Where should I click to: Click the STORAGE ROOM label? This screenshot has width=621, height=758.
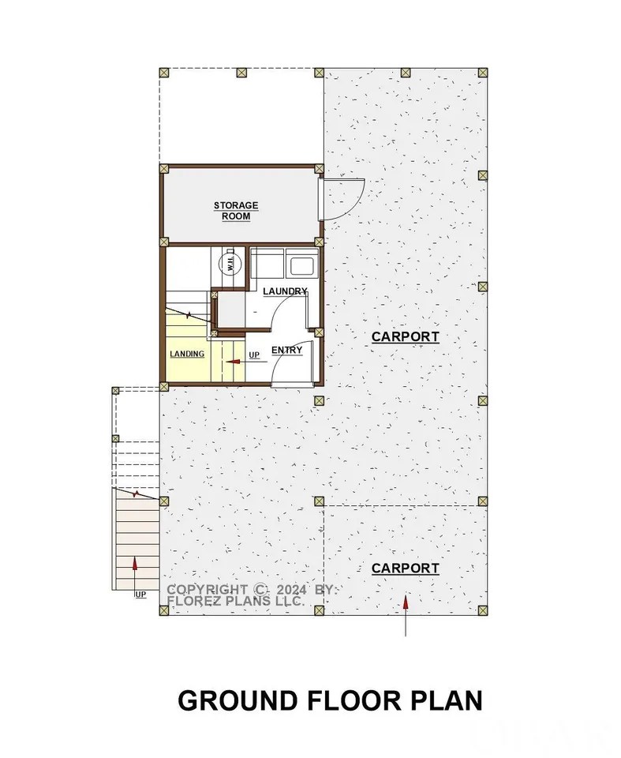pyautogui.click(x=236, y=211)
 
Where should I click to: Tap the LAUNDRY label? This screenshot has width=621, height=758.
pyautogui.click(x=285, y=291)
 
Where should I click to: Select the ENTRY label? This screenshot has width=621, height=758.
pyautogui.click(x=286, y=350)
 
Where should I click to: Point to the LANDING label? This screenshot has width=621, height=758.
pyautogui.click(x=187, y=354)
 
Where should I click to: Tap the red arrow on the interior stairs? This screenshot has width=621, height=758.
pyautogui.click(x=232, y=362)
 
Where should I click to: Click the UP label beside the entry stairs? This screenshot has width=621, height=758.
pyautogui.click(x=254, y=355)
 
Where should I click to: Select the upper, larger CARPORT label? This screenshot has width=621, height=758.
pyautogui.click(x=405, y=336)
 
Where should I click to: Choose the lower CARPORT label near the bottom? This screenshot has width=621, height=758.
pyautogui.click(x=405, y=568)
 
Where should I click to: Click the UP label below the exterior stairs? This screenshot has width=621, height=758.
pyautogui.click(x=140, y=594)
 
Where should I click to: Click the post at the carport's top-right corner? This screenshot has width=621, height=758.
pyautogui.click(x=483, y=72)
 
